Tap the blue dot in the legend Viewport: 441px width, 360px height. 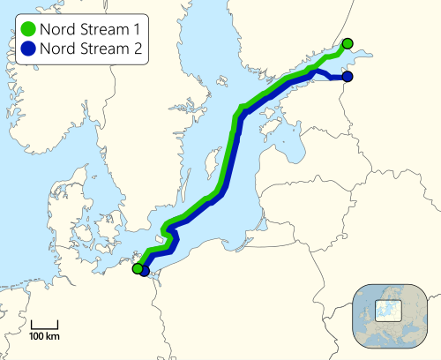[27, 49]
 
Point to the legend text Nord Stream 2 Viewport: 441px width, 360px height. [89, 49]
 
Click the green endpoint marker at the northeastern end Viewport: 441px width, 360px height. [348, 43]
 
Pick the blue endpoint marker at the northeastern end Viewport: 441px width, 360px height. [348, 78]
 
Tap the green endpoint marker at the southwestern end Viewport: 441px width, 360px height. [138, 269]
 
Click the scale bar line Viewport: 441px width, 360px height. [43, 327]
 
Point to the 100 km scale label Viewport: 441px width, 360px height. [43, 338]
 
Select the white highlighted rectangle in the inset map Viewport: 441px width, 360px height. [389, 310]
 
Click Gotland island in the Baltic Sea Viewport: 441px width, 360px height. [212, 165]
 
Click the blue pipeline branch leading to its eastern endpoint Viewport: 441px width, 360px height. [330, 77]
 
